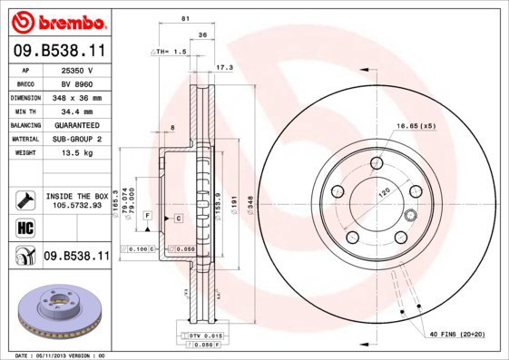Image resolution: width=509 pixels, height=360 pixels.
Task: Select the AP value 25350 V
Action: click(76, 69)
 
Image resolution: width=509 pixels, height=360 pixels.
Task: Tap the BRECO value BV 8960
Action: click(76, 83)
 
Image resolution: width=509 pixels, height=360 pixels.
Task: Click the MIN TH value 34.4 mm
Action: click(78, 111)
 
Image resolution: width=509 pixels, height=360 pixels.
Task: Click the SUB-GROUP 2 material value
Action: click(78, 139)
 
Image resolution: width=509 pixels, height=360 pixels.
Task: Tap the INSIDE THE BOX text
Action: click(76, 196)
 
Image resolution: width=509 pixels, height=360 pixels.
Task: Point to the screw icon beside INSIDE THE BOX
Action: click(24, 200)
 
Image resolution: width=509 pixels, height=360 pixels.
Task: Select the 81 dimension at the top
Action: click(185, 18)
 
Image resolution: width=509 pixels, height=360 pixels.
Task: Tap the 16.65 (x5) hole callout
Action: click(416, 125)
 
